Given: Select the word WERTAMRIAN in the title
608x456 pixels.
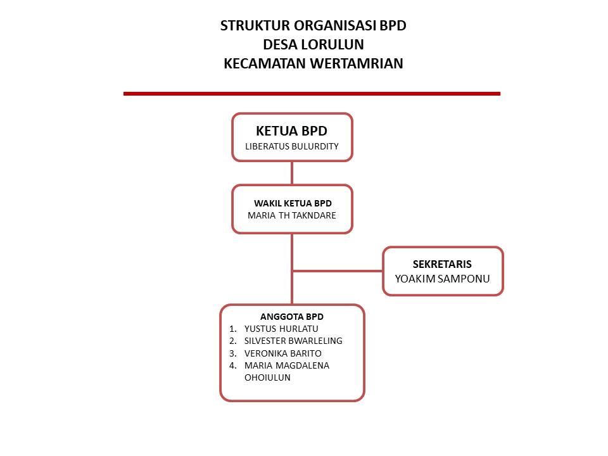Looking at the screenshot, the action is point(357,63).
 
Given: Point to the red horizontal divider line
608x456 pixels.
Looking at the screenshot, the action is point(312,94).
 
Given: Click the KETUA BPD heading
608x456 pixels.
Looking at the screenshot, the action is point(291,131).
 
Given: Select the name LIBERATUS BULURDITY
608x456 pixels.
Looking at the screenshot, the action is point(291,146).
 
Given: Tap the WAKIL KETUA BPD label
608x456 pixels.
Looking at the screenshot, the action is point(293,203).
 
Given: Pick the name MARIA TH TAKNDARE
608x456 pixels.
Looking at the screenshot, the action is point(291,215).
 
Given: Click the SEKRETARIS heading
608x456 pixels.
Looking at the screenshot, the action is point(442,265).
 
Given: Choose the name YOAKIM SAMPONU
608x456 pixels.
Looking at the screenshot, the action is point(443,279).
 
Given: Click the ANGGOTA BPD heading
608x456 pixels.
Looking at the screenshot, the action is point(291,317).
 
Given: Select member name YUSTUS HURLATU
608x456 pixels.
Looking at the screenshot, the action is point(281,329).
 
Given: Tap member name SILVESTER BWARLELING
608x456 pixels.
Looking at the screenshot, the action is point(293,341).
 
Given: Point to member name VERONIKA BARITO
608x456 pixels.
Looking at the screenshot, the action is point(282,353).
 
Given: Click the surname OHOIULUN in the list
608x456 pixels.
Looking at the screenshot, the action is point(267,377).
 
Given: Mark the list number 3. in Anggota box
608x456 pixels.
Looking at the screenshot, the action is point(232,353).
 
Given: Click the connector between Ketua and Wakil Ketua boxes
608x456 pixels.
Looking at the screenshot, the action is point(292,173).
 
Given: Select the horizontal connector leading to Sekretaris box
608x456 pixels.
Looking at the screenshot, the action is point(338,271).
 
